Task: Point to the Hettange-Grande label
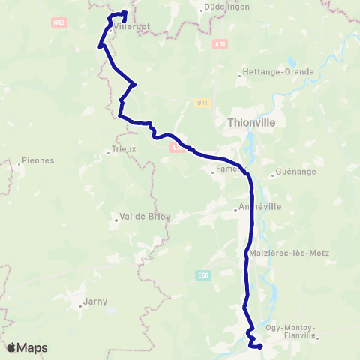click(x=268, y=73)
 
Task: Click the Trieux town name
click(x=124, y=149)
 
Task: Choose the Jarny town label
click(x=94, y=301)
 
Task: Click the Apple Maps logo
click(x=26, y=347)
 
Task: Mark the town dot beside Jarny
click(x=81, y=305)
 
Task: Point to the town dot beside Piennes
click(x=19, y=160)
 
